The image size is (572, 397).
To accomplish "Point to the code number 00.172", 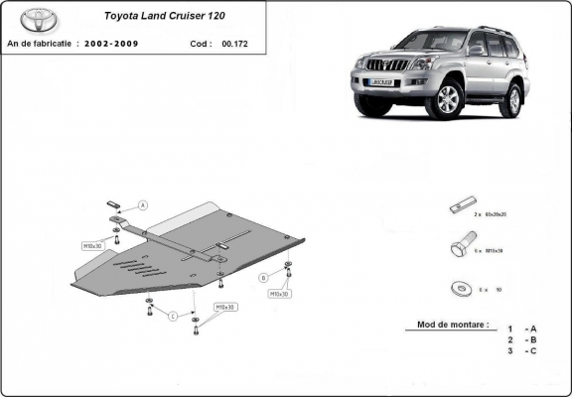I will [235, 45].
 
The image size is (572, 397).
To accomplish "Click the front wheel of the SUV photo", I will [449, 99].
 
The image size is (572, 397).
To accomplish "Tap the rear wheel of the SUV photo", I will [510, 100].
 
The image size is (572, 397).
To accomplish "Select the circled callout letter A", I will [142, 205].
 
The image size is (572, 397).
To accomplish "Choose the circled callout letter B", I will [264, 276].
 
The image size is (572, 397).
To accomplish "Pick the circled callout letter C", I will [172, 316].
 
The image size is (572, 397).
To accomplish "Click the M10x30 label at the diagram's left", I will [93, 244].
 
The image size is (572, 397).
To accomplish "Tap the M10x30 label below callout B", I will [278, 294].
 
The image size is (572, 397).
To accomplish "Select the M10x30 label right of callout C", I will [224, 307].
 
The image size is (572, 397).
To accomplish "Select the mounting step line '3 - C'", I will [522, 351].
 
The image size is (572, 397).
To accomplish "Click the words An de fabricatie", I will [39, 45].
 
